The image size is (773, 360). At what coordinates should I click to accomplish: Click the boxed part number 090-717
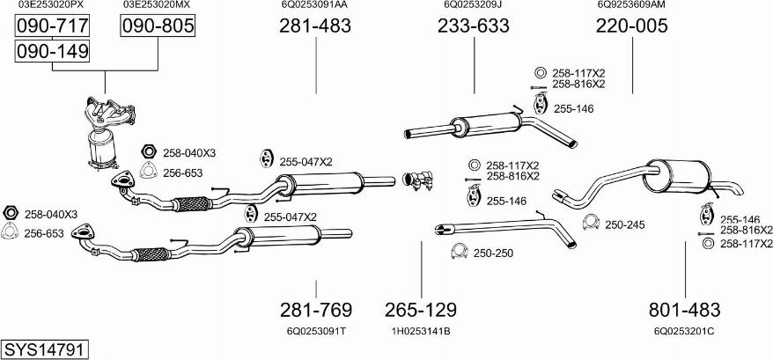pos(52,26)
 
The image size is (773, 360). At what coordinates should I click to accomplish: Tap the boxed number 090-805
pos(157,26)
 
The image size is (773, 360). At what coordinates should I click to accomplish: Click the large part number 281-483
pos(315,26)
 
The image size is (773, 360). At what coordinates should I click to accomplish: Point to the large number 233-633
pos(473,26)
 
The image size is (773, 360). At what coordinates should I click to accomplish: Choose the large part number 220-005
pos(631,26)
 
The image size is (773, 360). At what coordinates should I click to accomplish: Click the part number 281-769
pos(316,310)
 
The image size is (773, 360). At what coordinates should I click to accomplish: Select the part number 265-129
pos(421,310)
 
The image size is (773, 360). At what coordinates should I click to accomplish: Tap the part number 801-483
pos(684,310)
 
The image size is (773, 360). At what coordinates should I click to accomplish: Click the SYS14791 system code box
pos(44,349)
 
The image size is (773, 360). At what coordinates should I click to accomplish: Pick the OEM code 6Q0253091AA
pos(314,5)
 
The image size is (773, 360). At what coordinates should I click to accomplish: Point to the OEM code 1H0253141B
pos(421,331)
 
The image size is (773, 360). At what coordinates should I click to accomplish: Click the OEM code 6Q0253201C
pos(684,331)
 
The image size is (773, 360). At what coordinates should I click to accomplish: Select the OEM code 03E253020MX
pos(156,5)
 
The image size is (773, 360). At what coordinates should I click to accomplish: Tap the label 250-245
pos(625,224)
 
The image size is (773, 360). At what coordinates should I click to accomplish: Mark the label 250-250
pos(493,253)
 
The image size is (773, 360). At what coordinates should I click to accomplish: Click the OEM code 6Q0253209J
pos(473,5)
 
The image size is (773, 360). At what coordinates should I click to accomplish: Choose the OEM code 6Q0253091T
pos(316,331)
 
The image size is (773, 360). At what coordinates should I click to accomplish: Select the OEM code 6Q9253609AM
pos(631,5)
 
